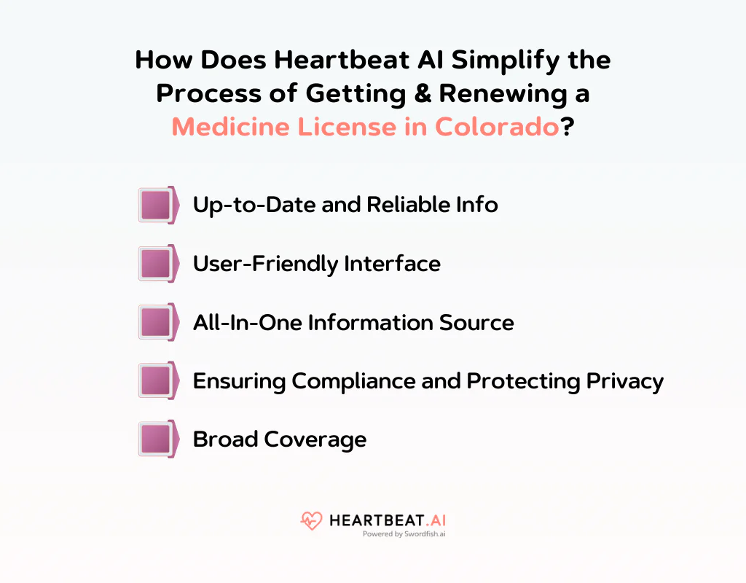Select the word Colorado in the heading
[497, 127]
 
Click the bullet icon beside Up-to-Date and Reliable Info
[158, 205]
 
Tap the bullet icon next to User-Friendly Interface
[158, 263]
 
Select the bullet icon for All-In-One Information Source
[158, 322]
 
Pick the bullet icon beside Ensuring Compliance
[158, 380]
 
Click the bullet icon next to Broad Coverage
[158, 439]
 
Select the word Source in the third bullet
[479, 322]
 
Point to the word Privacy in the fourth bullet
[624, 380]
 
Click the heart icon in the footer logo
[311, 521]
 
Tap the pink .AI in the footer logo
[432, 520]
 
